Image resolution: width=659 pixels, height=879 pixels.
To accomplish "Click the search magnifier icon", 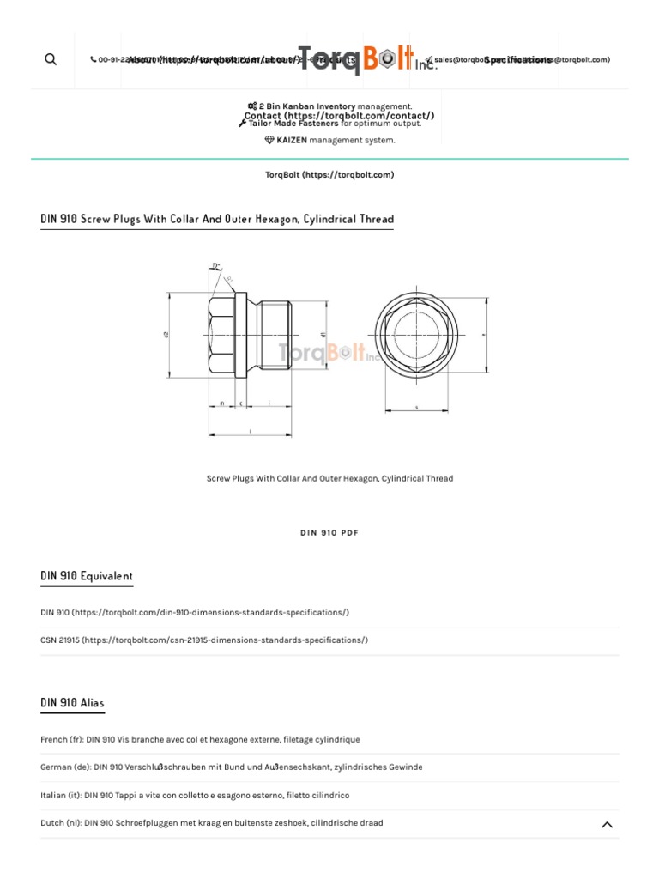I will [51, 59].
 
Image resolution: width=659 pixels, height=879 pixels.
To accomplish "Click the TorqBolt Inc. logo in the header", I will [367, 59].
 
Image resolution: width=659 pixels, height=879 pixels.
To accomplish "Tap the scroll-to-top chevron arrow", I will [607, 825].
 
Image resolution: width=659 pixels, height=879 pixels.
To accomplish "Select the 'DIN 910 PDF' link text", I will [329, 533].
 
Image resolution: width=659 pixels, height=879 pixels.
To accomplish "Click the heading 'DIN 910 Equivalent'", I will [87, 576].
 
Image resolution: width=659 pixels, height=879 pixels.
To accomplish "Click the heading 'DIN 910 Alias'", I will [72, 703].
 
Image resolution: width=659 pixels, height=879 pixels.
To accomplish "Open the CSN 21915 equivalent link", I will [204, 640].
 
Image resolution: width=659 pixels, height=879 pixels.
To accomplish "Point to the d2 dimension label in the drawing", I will [166, 334].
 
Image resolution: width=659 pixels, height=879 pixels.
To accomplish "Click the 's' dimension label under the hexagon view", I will [416, 408].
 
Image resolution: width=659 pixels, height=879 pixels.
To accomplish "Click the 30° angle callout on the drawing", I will [215, 265].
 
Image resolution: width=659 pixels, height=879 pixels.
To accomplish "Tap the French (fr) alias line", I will [200, 740].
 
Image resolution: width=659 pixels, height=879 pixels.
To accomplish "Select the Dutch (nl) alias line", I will [211, 823].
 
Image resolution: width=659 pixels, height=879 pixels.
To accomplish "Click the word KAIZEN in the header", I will [291, 141].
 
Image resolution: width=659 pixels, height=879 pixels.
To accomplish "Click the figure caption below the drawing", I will [329, 479].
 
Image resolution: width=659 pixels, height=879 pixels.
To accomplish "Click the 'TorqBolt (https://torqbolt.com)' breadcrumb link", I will [329, 175].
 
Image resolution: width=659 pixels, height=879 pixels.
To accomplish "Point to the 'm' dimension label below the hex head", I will [221, 403].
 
